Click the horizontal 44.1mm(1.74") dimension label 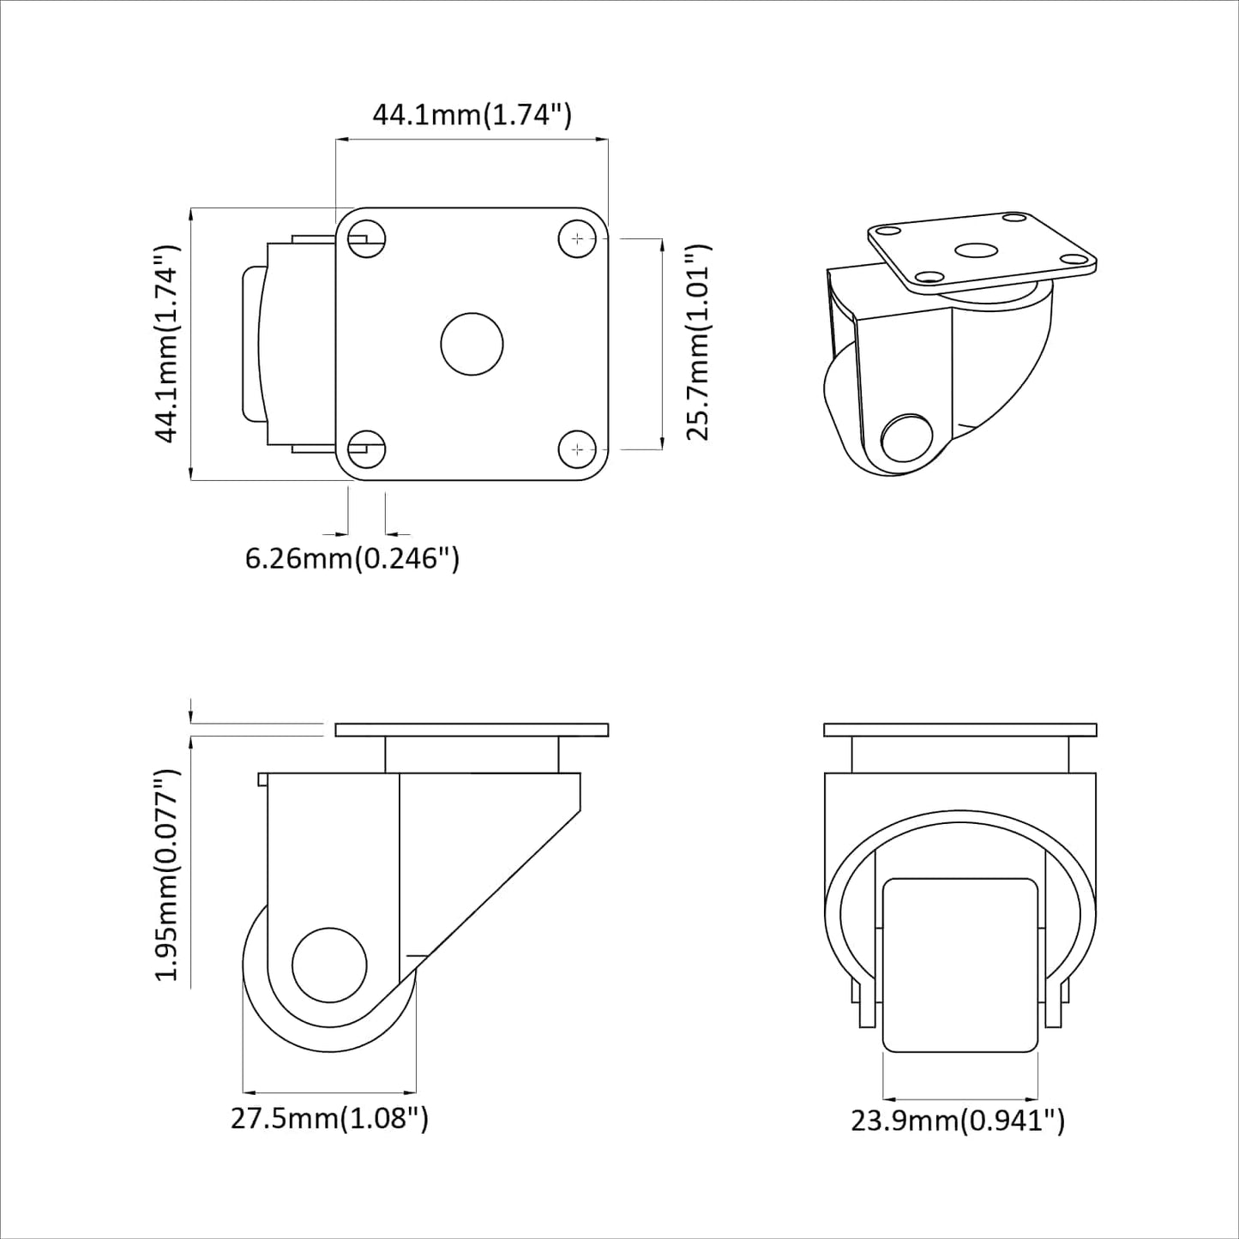tap(471, 114)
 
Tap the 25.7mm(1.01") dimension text tap(699, 343)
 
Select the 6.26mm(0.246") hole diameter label tap(352, 558)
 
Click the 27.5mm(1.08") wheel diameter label tap(329, 1118)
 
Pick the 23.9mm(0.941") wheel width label tap(958, 1120)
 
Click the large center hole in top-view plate tap(472, 344)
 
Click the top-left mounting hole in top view tap(367, 238)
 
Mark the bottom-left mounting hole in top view tap(367, 448)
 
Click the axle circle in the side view tap(329, 965)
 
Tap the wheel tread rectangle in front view tap(960, 965)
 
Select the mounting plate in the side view tap(472, 731)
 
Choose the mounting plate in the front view tap(960, 731)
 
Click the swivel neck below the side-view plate tap(472, 755)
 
